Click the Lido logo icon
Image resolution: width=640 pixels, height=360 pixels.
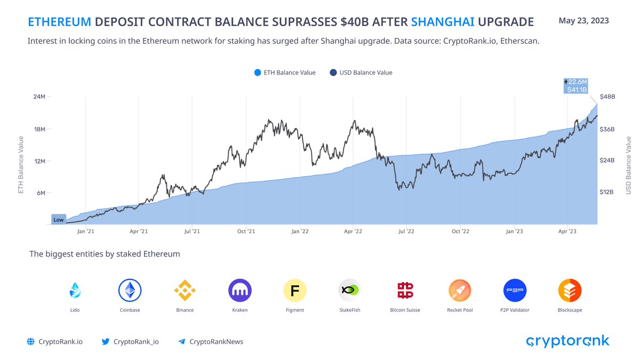click(75, 291)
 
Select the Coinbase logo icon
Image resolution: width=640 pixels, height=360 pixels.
click(130, 291)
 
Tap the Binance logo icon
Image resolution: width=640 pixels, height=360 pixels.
click(185, 291)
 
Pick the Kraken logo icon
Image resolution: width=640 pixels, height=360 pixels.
click(240, 291)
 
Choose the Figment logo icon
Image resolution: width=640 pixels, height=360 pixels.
click(295, 291)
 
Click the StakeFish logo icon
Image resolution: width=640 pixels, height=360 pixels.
click(350, 291)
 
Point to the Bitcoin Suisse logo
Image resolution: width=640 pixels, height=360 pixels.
click(405, 291)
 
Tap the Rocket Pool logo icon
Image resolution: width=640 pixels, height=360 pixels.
click(460, 291)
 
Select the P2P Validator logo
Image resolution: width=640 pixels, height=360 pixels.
click(515, 291)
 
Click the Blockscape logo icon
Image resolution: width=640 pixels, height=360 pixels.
click(570, 291)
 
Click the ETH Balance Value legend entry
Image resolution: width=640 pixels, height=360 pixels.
click(285, 73)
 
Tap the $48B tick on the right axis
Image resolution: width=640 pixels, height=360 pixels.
click(607, 97)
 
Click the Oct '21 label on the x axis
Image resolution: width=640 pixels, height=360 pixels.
click(246, 231)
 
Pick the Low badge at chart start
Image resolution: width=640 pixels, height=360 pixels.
click(58, 220)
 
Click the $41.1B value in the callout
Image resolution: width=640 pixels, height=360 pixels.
click(577, 90)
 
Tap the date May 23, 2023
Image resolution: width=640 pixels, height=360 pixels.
click(583, 21)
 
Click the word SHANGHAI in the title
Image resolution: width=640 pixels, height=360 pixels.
click(443, 22)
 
